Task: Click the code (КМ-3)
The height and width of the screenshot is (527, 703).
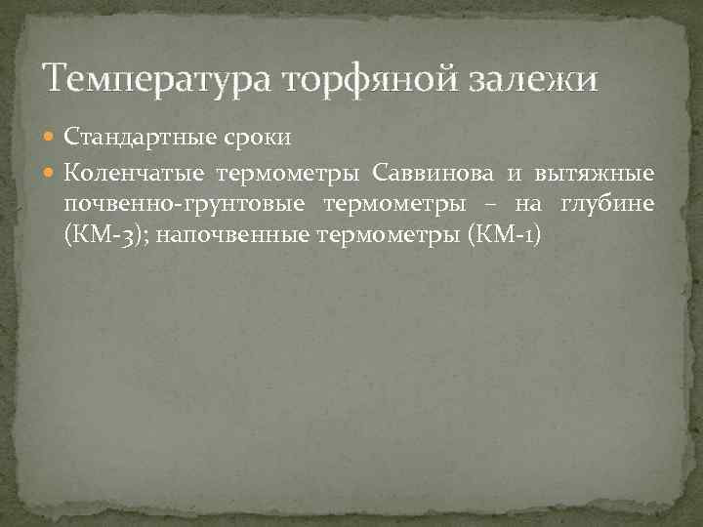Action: coord(96,235)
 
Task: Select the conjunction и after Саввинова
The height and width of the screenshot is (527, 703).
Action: coord(514,174)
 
